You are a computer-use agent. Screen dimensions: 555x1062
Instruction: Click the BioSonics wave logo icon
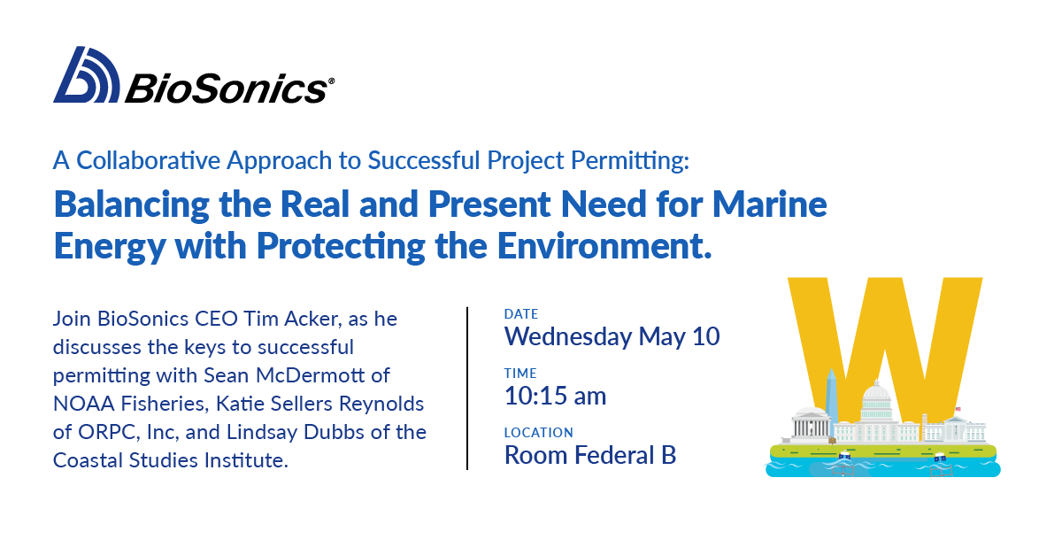pos(86,75)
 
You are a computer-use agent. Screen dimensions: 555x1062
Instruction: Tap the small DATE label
pos(520,314)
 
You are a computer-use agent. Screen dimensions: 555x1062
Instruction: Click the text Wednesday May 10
pos(612,337)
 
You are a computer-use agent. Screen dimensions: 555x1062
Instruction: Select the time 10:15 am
pos(555,396)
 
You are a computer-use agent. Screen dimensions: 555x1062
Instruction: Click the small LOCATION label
pos(538,433)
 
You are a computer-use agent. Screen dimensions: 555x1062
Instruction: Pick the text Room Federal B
pos(589,455)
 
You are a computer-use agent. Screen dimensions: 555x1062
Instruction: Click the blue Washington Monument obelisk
pos(830,398)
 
